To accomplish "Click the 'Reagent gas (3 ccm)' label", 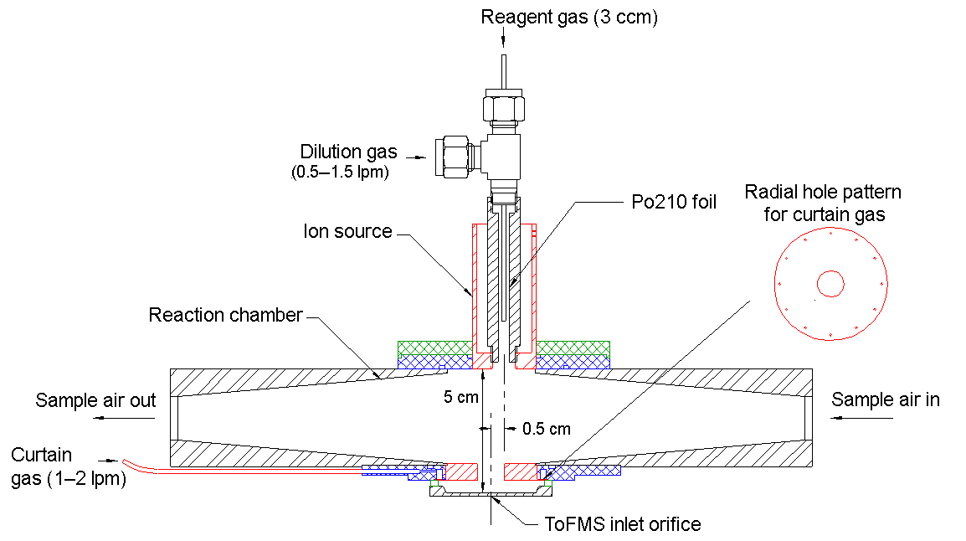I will point(569,18).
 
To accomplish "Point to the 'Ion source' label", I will point(347,231).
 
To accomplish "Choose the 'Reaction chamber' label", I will point(225,315).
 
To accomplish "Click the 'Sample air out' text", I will point(95,400).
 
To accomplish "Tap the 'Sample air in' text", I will point(886,400).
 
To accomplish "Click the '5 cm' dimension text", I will point(460,397).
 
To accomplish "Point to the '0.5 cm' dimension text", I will point(546,429).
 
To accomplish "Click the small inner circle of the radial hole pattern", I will point(830,284).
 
